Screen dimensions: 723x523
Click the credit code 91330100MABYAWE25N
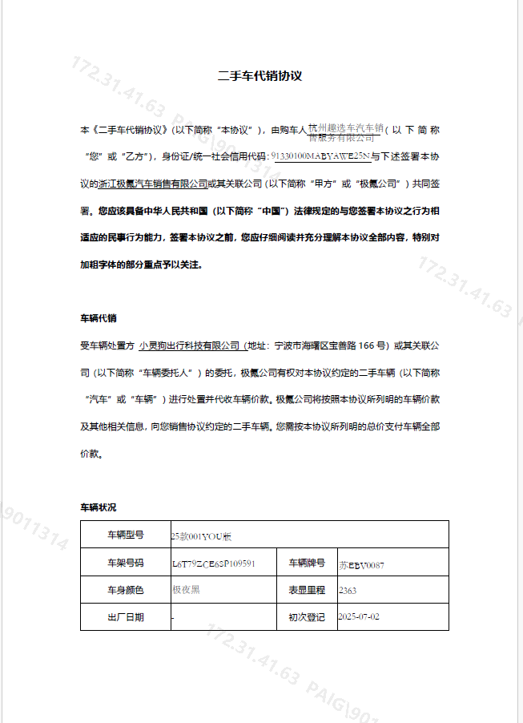click(320, 156)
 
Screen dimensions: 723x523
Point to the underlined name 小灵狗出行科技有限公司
click(190, 345)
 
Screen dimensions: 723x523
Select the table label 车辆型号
click(126, 535)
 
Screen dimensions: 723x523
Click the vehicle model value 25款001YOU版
click(201, 535)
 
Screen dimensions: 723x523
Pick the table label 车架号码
click(126, 563)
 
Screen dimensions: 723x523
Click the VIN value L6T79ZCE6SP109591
click(213, 563)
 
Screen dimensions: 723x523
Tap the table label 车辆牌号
click(307, 563)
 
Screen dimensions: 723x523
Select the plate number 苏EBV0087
click(361, 564)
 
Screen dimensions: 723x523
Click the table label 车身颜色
click(126, 590)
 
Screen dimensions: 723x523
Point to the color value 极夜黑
click(186, 591)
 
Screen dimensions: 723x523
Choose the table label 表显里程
click(307, 590)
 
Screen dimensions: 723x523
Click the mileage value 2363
click(348, 591)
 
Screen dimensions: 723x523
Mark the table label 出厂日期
click(126, 617)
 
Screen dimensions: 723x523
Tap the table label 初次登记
click(307, 617)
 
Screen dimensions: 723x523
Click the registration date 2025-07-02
click(359, 618)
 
